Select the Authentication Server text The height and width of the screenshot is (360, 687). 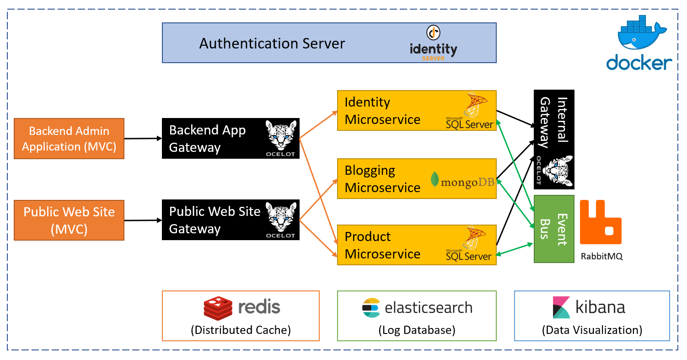272,43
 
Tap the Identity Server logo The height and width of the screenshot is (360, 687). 433,43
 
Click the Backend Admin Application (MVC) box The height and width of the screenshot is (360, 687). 69,139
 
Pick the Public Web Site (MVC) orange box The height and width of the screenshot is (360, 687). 69,220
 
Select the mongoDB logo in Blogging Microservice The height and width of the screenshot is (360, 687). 462,182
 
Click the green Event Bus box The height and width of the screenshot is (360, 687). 554,229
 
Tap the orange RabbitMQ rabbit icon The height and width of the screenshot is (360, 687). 601,222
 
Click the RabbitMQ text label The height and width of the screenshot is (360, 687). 601,256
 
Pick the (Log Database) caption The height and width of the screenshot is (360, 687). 417,330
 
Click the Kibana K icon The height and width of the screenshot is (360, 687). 561,307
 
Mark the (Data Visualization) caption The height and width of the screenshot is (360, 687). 592,330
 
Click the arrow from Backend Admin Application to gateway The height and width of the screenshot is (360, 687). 143,138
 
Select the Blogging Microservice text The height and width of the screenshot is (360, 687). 382,179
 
